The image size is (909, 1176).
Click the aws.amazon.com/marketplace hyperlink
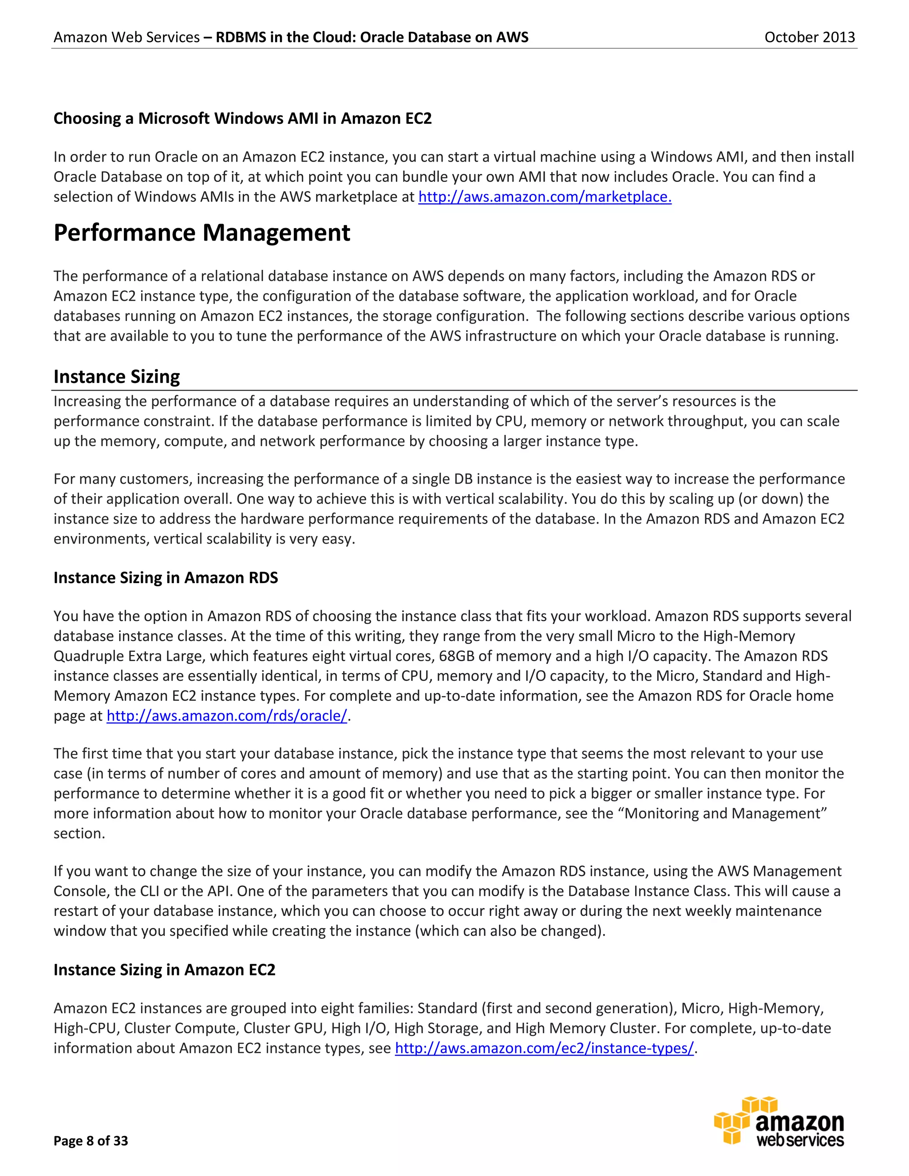point(545,197)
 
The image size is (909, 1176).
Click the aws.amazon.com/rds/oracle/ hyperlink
point(227,716)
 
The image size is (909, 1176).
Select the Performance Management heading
point(202,233)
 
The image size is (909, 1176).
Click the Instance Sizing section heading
point(117,377)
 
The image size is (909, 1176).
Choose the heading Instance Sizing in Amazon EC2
point(164,970)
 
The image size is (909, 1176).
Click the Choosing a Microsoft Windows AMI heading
point(242,118)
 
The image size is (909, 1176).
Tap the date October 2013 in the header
point(810,37)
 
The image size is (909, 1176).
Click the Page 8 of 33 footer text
point(91,1140)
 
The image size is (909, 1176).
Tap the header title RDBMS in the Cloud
point(372,37)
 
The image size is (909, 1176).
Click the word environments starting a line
point(101,539)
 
